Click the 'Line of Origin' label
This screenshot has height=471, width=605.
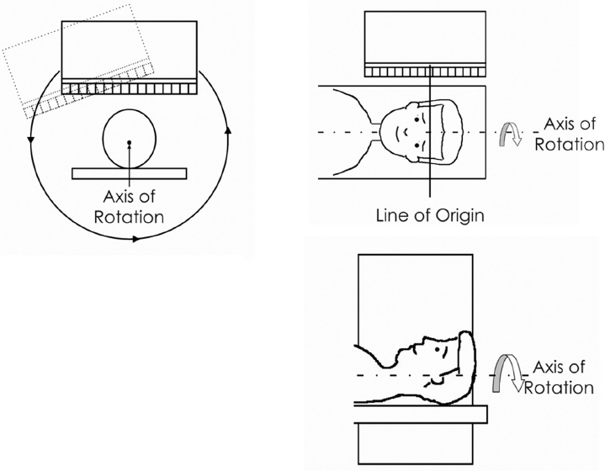430,214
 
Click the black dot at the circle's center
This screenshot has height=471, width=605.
129,144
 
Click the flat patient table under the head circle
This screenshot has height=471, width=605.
129,173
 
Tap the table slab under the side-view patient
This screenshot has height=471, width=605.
421,413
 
